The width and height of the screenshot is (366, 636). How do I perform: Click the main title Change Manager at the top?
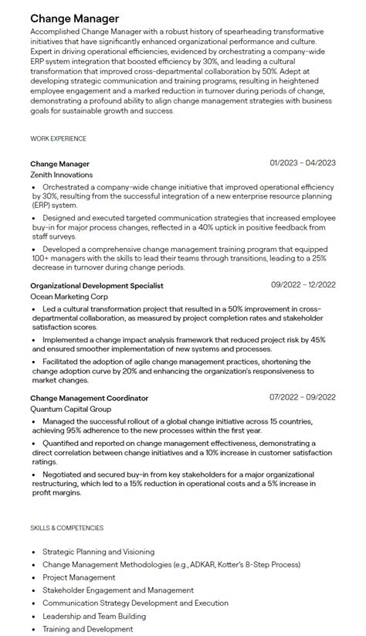point(74,18)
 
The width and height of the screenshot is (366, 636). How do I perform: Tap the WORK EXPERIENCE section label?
point(58,138)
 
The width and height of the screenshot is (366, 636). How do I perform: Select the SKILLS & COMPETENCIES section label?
point(66,528)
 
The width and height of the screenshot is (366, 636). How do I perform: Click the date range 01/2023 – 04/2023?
point(303,163)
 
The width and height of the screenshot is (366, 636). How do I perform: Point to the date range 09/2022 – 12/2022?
point(303,285)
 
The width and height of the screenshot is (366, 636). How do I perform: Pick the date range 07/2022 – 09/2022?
point(303,397)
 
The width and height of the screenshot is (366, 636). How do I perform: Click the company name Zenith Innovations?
point(61,175)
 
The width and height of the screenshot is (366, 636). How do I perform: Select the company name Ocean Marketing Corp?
point(69,297)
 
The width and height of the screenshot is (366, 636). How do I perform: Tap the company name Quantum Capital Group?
point(70,409)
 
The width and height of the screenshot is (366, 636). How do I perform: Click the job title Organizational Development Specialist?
point(97,286)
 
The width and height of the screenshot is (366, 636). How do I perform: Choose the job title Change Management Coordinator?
point(89,398)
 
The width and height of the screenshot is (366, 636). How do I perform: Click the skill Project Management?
point(79,577)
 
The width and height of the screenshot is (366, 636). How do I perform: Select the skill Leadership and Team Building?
point(93,616)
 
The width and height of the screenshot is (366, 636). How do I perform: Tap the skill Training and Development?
point(87,629)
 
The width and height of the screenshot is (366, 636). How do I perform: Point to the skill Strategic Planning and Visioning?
point(98,552)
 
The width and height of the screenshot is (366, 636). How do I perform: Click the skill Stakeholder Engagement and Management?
point(117,590)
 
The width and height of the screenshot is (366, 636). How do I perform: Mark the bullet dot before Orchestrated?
point(34,187)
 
